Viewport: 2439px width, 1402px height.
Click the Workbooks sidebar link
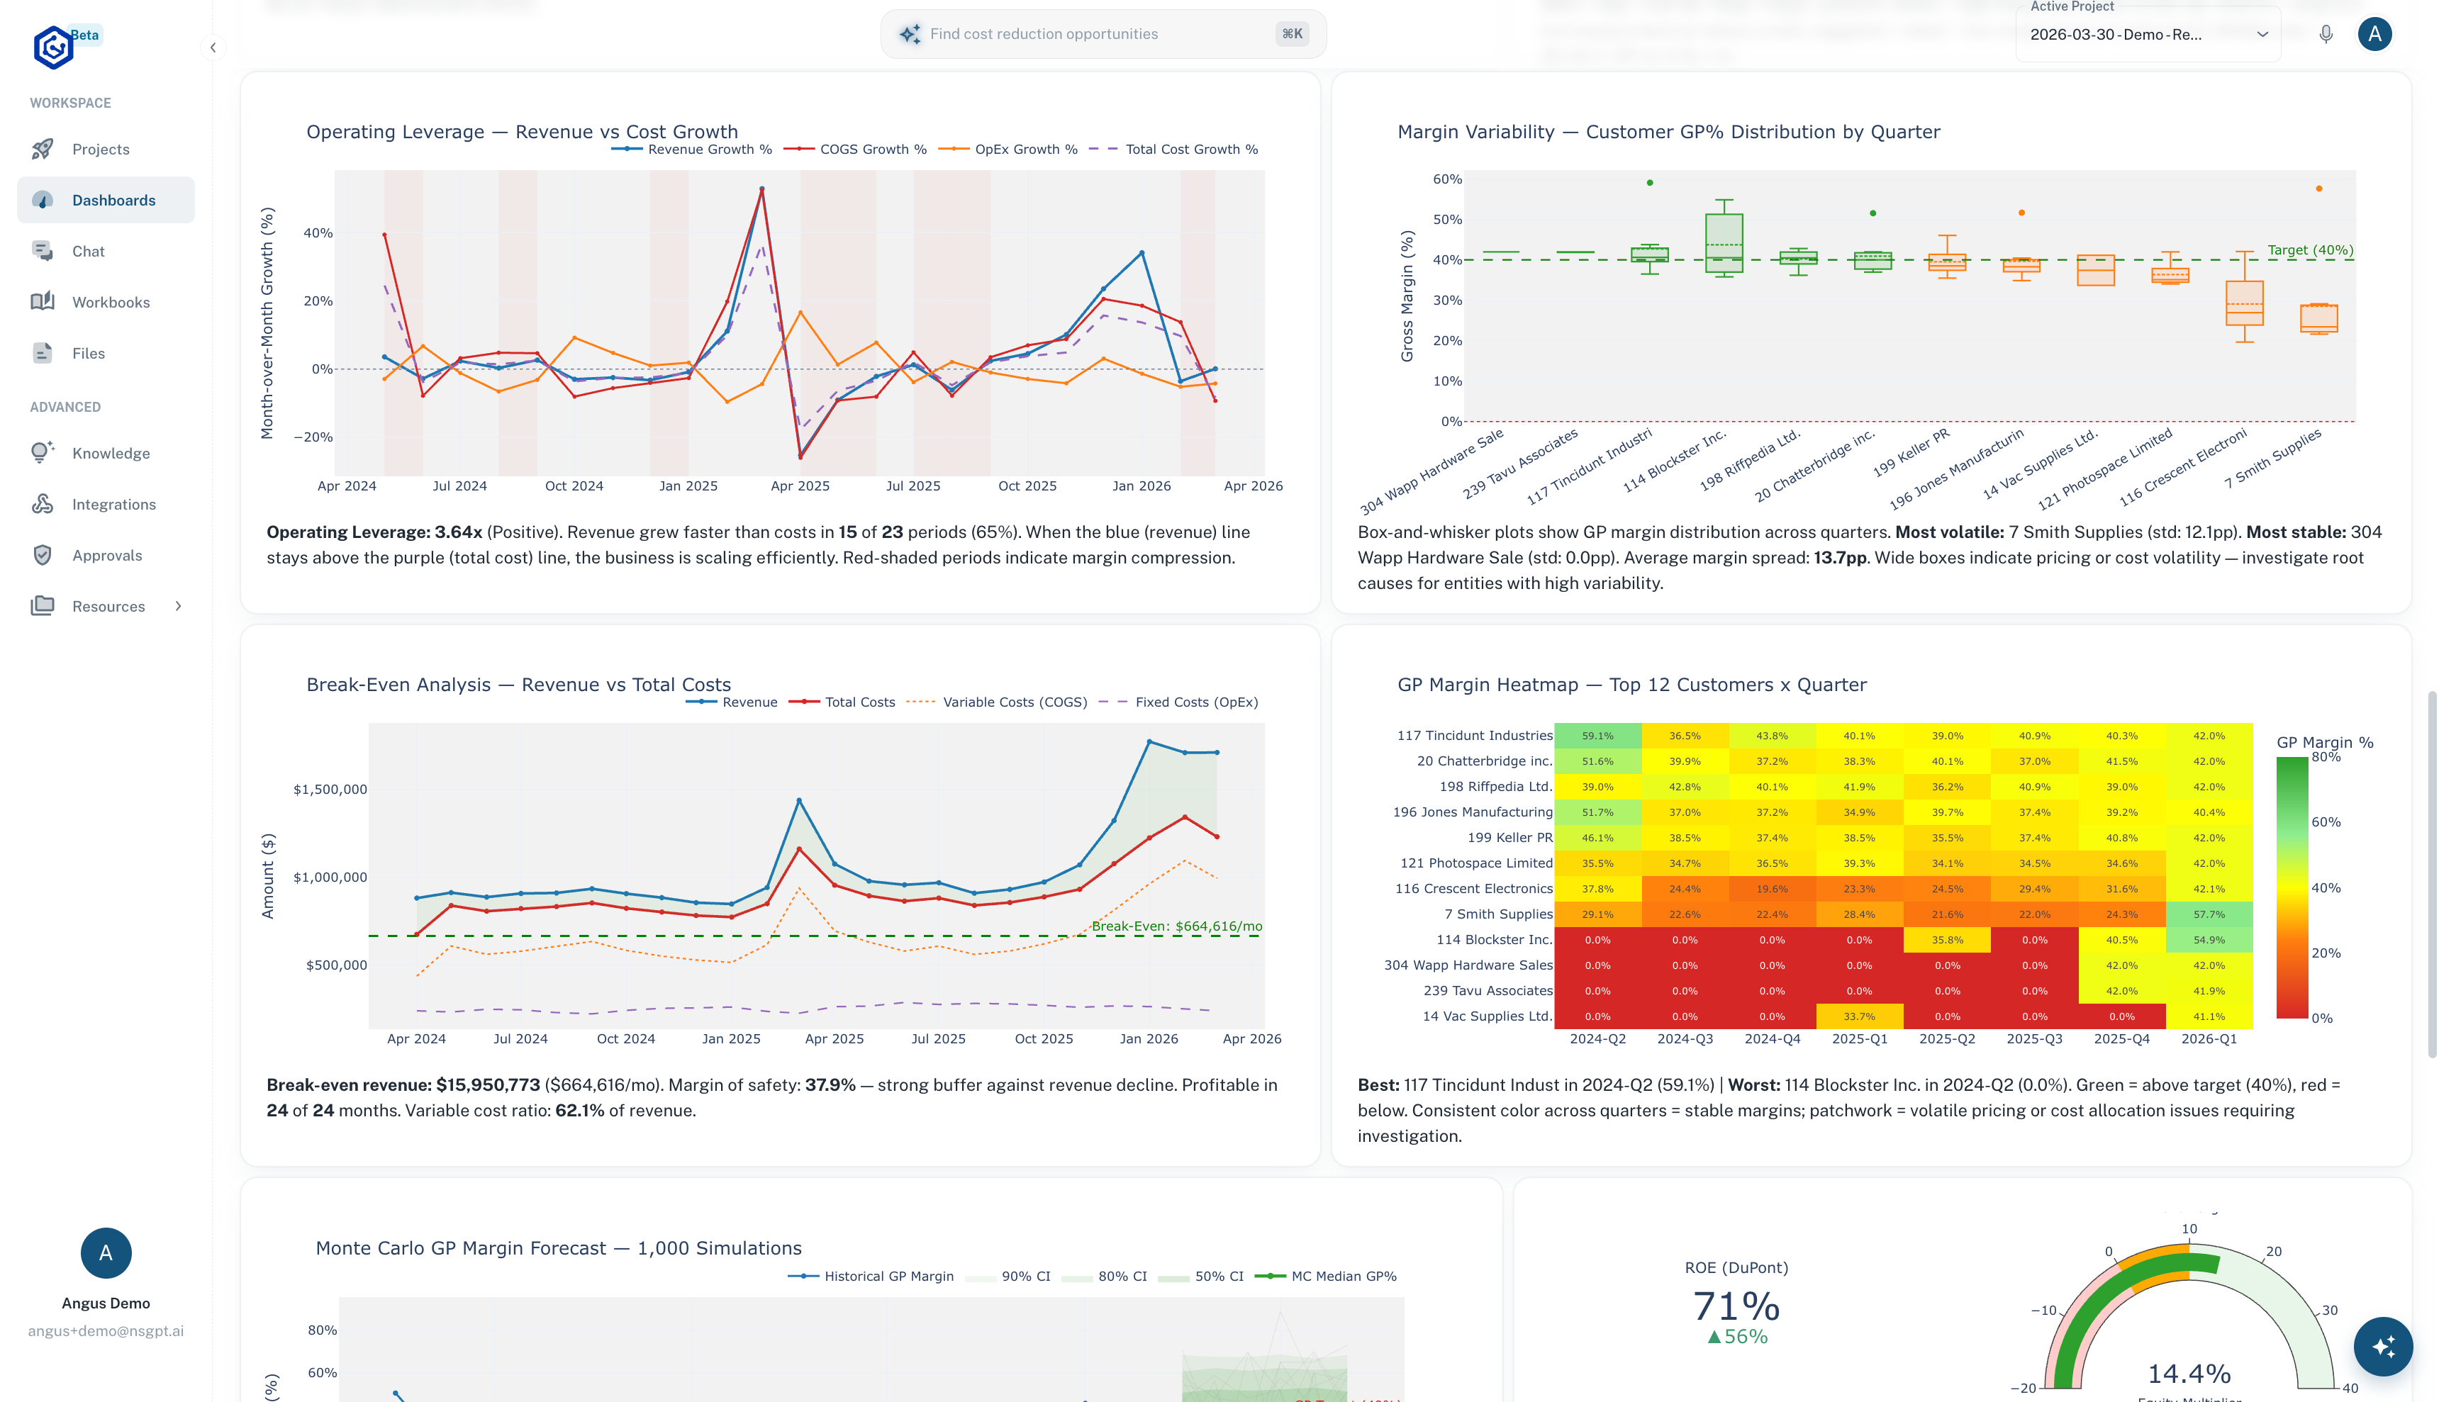pos(110,303)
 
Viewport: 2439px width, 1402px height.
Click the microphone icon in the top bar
pos(2326,35)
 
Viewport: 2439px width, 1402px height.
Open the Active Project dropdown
pos(2148,35)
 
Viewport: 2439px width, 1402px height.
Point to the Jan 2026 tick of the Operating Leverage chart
pos(1141,486)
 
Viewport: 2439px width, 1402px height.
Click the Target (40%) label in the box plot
pos(2309,250)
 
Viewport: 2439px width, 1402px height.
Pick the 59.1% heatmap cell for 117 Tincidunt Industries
pos(1597,736)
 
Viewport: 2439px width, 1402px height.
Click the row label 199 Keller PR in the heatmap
pos(1509,838)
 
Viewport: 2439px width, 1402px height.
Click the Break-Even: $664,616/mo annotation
pos(1176,926)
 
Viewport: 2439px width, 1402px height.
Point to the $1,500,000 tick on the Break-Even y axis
pos(329,790)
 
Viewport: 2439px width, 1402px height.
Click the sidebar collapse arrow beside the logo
pos(213,47)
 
